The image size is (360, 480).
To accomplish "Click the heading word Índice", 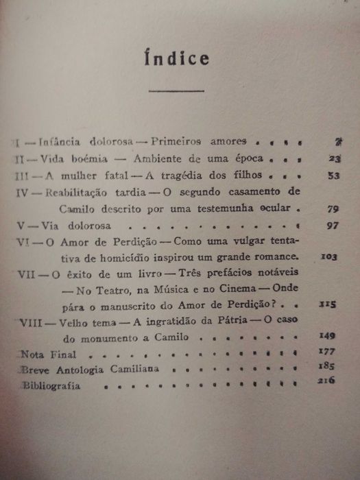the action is coord(177,59).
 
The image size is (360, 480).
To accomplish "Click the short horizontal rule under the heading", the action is coord(177,91).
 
